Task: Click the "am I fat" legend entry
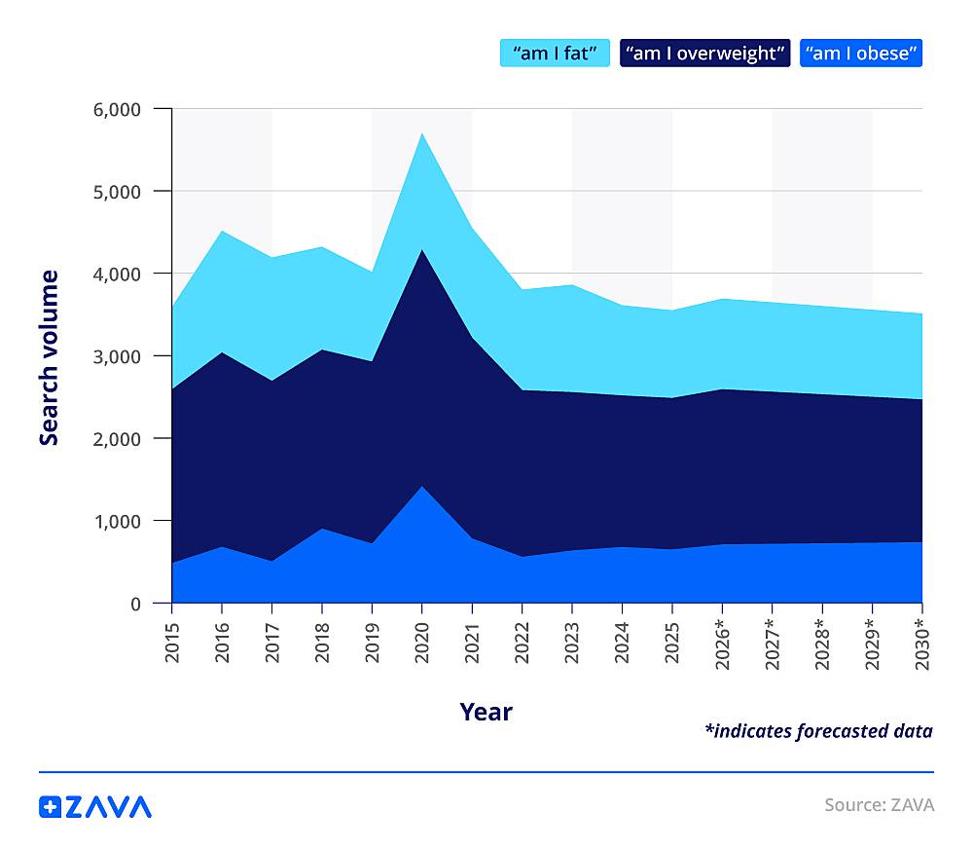pyautogui.click(x=555, y=53)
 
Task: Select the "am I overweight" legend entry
pyautogui.click(x=704, y=53)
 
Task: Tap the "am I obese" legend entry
pyautogui.click(x=860, y=53)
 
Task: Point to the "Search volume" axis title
pyautogui.click(x=49, y=357)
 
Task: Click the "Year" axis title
pyautogui.click(x=486, y=712)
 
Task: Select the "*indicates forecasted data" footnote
pyautogui.click(x=817, y=731)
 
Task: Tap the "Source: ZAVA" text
pyautogui.click(x=879, y=805)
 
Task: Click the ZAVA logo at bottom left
pyautogui.click(x=95, y=806)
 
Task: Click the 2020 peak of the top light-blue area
pyautogui.click(x=422, y=133)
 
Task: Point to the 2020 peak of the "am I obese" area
pyautogui.click(x=422, y=486)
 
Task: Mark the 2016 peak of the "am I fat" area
pyautogui.click(x=222, y=231)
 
